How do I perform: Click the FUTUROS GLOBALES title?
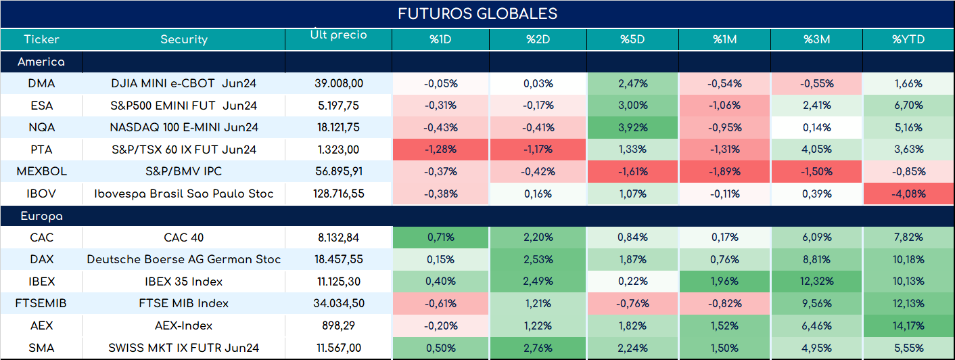click(x=477, y=14)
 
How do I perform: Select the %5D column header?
click(x=632, y=39)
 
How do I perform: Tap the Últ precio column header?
click(x=339, y=34)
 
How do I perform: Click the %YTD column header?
click(x=908, y=39)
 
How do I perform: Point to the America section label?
click(x=41, y=62)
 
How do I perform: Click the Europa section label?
click(x=42, y=217)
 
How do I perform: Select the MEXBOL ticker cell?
click(x=42, y=171)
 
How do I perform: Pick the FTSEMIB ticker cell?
click(x=41, y=303)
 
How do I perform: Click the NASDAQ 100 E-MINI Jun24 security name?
click(x=184, y=127)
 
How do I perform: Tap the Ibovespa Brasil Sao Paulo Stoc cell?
click(x=184, y=194)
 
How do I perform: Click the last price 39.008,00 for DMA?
click(x=339, y=84)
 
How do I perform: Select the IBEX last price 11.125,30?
click(x=339, y=282)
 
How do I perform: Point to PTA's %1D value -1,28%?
click(x=440, y=150)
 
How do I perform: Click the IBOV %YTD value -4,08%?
click(x=908, y=194)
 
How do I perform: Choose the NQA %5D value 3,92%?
click(x=633, y=127)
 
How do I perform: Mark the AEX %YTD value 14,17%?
click(x=908, y=325)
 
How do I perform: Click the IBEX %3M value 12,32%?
click(x=817, y=282)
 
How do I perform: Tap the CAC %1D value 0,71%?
click(x=441, y=237)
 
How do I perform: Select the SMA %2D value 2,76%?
click(x=538, y=348)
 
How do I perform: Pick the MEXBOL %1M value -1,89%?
click(x=725, y=171)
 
